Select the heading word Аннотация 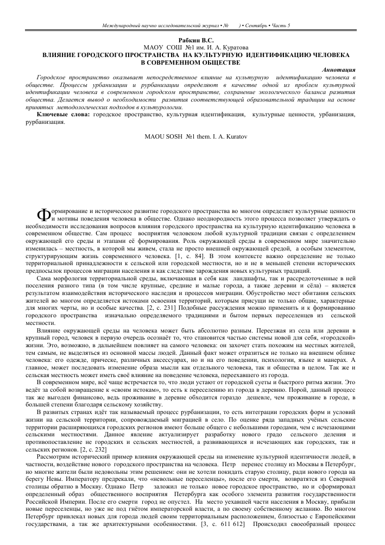pos(338,70)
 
